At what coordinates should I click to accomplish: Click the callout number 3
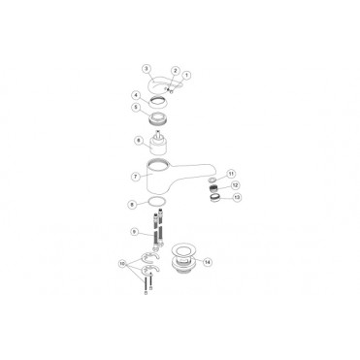pos(146,69)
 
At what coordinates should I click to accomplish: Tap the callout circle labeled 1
pos(188,76)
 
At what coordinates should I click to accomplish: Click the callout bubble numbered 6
pos(139,142)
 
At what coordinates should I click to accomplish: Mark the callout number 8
pos(133,204)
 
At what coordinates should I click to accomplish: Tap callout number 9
pos(134,233)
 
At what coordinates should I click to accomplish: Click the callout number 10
pos(122,264)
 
